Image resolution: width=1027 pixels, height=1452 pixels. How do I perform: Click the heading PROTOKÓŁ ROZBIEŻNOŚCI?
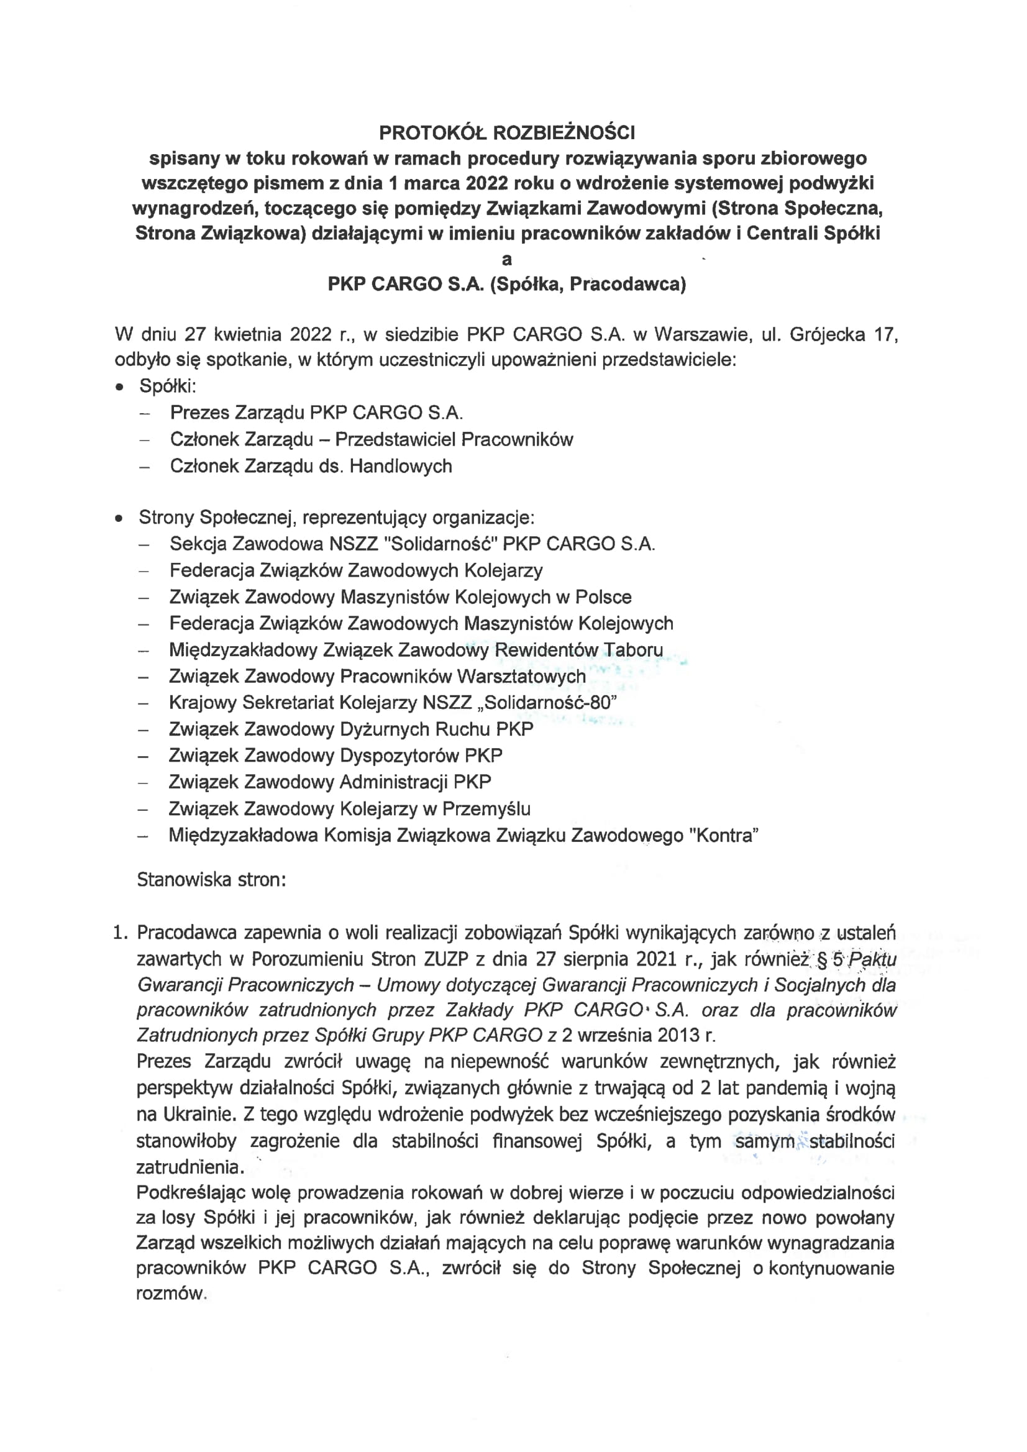[x=506, y=133]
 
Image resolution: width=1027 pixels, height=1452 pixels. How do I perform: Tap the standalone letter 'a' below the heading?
[x=506, y=260]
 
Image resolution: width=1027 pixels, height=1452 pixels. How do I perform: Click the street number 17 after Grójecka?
[x=885, y=334]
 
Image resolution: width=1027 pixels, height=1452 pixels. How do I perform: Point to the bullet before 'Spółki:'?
[x=119, y=387]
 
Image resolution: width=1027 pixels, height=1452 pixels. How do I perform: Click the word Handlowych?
[x=401, y=466]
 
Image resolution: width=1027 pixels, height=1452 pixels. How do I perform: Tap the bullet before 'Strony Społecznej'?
[x=119, y=519]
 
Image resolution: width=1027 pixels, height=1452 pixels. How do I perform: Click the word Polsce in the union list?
[x=603, y=597]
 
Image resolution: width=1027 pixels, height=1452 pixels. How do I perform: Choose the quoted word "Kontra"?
[x=726, y=836]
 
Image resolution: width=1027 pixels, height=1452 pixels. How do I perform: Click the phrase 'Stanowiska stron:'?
[x=211, y=880]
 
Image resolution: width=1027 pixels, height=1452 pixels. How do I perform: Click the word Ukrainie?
[x=200, y=1113]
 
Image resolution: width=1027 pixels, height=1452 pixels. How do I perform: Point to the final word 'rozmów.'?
[x=171, y=1294]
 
